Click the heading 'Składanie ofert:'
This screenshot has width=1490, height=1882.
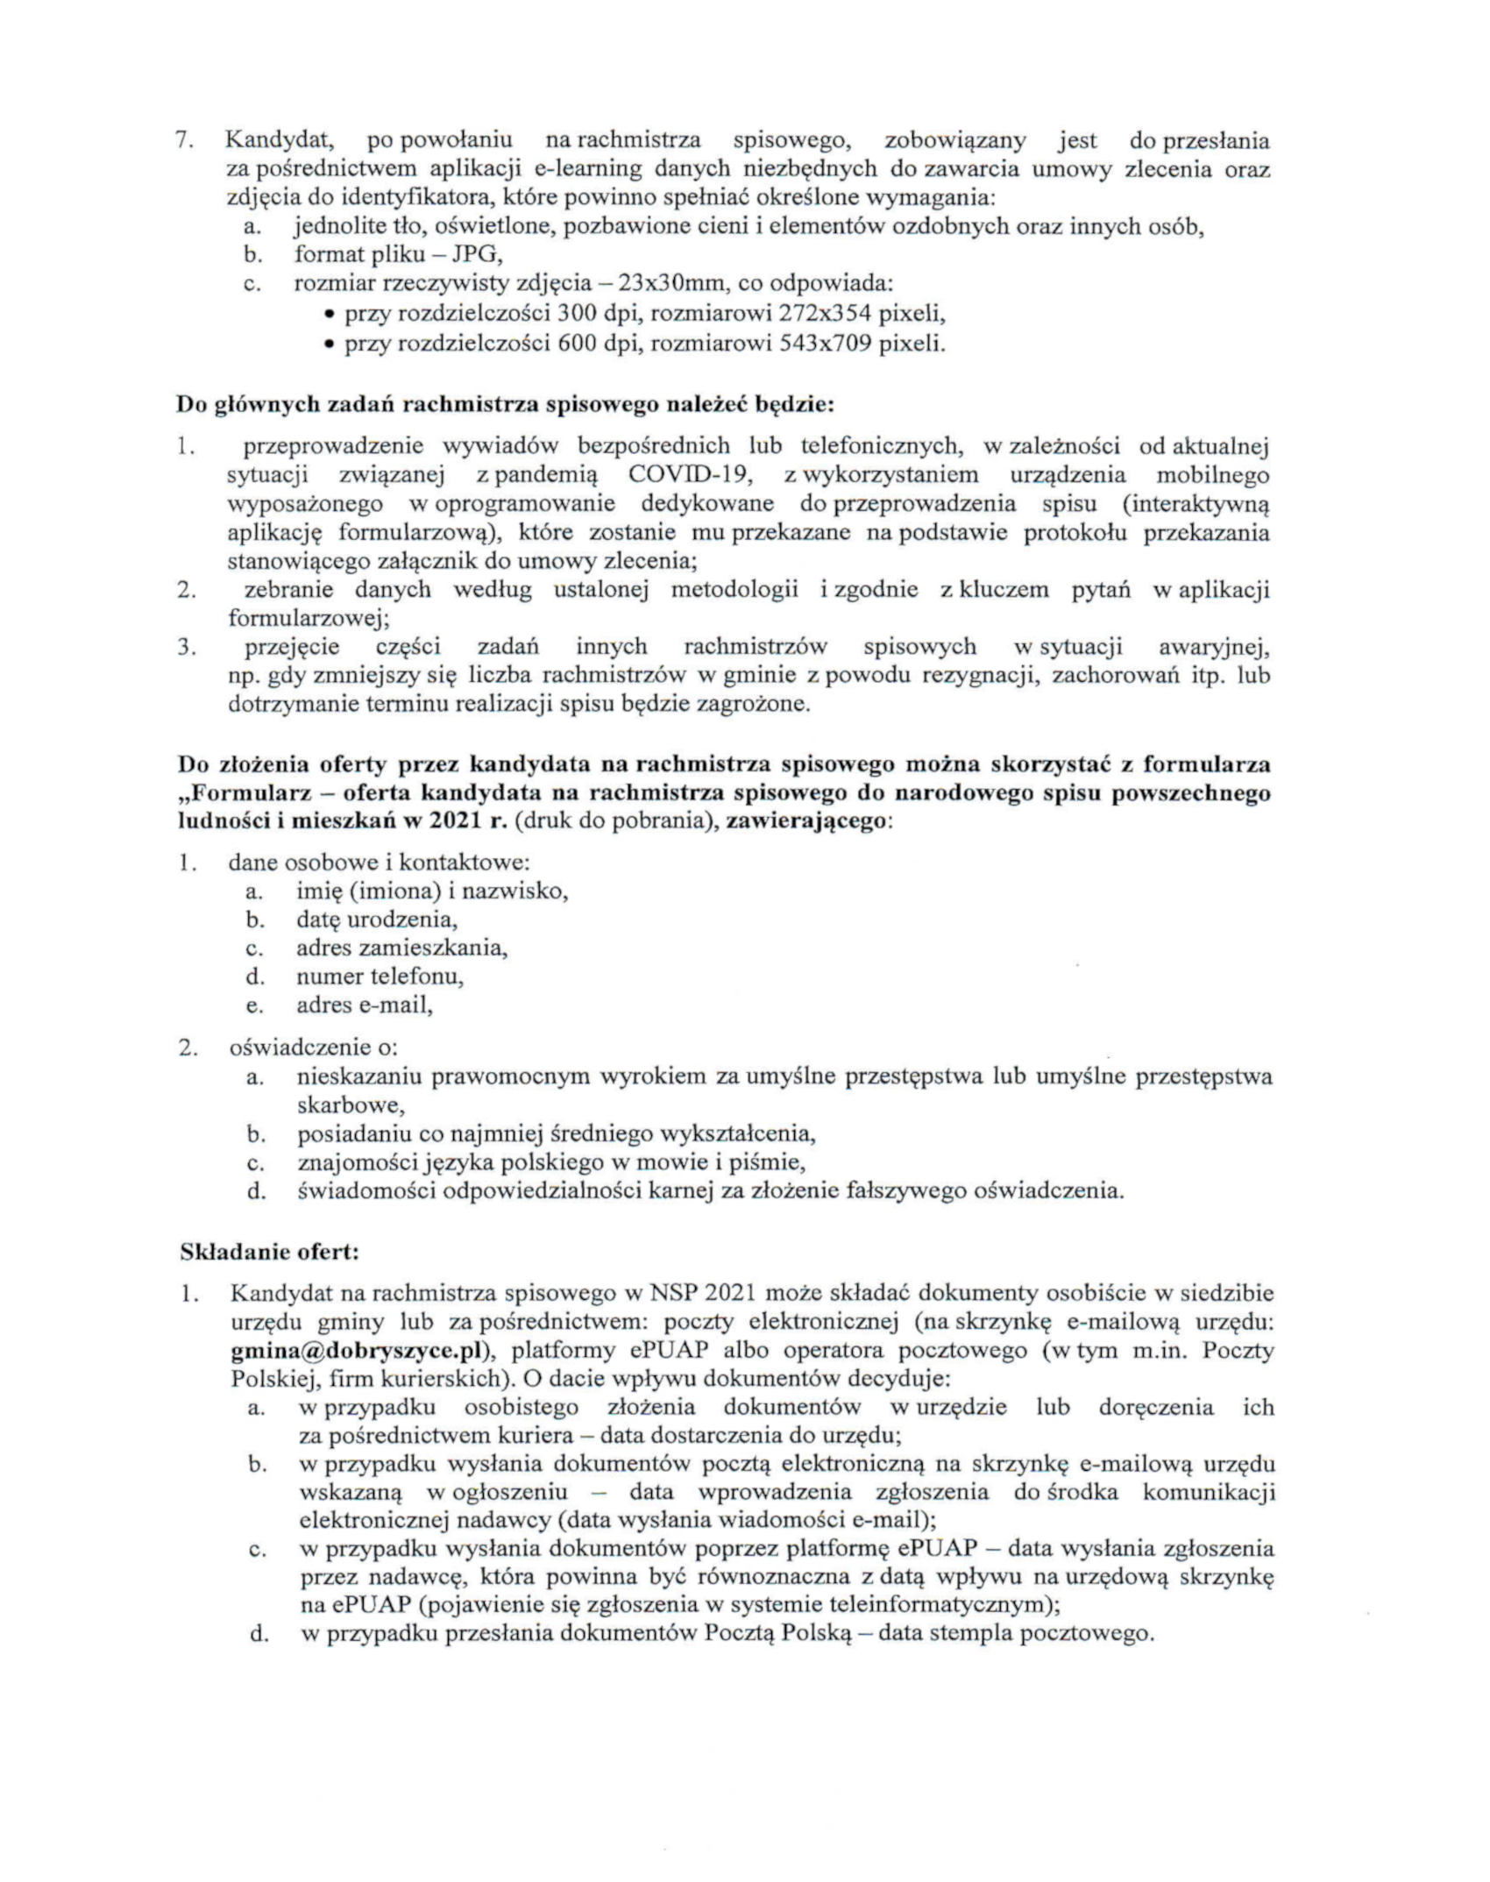(269, 1252)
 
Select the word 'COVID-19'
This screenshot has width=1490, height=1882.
(689, 475)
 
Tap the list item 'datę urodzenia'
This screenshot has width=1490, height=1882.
(376, 920)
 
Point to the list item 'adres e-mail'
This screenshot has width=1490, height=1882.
(364, 1005)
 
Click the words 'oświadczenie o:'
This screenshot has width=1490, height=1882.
(314, 1048)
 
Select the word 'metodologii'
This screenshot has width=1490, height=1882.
(734, 590)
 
